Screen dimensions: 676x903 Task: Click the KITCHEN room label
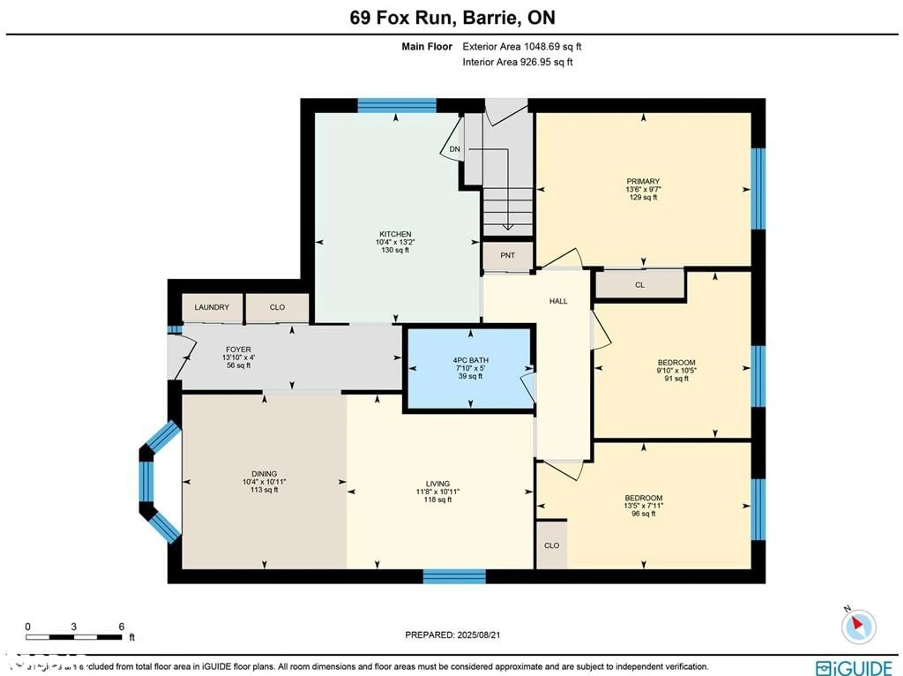pos(395,234)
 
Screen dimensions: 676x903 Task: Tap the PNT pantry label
pos(507,255)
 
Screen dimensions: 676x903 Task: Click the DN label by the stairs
pos(454,149)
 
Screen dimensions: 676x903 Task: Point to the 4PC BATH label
pos(470,360)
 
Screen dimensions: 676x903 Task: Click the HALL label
pos(558,301)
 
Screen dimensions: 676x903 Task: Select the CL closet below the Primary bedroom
pos(640,285)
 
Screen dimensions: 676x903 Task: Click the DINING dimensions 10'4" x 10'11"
pos(264,482)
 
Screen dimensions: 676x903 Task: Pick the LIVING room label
pos(438,484)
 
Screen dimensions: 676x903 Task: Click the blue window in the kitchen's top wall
pos(397,105)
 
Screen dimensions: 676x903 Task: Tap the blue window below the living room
pos(454,576)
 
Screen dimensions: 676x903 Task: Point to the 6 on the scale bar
pos(121,627)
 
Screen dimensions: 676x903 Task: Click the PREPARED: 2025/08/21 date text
pos(452,635)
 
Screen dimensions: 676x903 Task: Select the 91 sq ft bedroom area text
pos(677,378)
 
